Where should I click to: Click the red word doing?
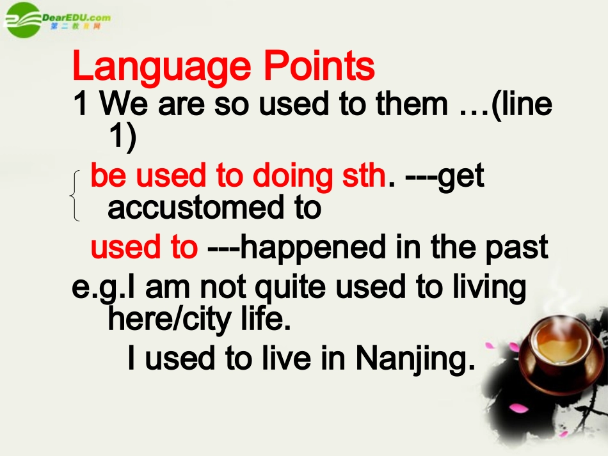point(292,176)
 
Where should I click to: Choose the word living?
point(490,288)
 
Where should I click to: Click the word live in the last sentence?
point(282,358)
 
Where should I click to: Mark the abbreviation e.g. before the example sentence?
point(96,288)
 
